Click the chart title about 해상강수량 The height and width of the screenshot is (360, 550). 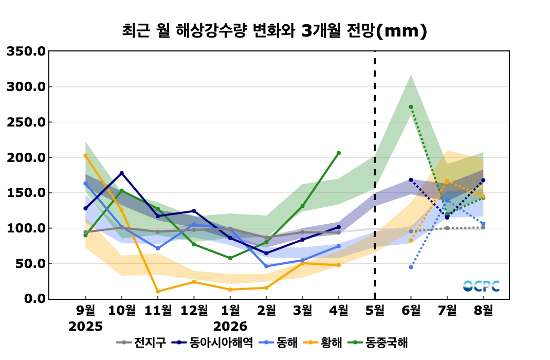coord(274,31)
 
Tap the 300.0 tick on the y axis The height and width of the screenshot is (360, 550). coord(26,87)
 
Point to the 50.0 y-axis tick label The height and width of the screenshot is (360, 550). coord(30,263)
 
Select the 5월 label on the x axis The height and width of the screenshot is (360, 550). coord(375,310)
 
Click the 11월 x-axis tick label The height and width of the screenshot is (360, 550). coord(158,310)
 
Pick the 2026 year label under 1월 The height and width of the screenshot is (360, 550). coord(230,327)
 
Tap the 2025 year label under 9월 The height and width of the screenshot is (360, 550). coord(86,327)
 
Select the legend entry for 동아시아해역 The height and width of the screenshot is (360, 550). coord(213,343)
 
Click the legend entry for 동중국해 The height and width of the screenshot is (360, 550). coord(378,343)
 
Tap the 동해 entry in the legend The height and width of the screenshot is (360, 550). coord(278,343)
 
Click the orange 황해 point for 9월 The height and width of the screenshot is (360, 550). coord(86,155)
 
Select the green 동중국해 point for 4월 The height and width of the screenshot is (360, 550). coord(339,153)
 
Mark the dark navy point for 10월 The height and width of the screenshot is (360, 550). coord(122,173)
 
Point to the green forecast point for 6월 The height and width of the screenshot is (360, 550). coord(411,107)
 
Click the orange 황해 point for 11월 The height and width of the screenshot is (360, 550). coord(158,291)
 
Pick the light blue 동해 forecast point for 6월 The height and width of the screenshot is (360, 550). coord(411,267)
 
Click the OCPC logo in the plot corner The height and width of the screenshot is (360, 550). coord(481,286)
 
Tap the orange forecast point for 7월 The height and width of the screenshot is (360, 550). coord(447,182)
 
